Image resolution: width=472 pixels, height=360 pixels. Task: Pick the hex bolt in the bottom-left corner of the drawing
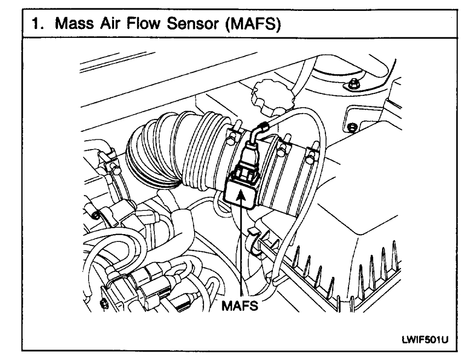coord(104,303)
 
